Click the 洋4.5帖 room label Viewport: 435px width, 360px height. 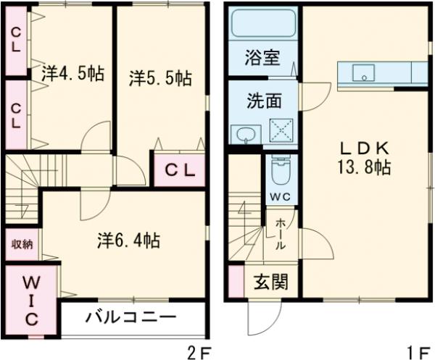(72, 74)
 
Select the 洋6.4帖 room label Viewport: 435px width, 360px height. (128, 240)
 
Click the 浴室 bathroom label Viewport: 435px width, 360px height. (262, 58)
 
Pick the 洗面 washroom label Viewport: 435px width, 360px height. (262, 101)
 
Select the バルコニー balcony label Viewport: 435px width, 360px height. (130, 317)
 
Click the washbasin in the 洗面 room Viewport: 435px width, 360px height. (247, 133)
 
